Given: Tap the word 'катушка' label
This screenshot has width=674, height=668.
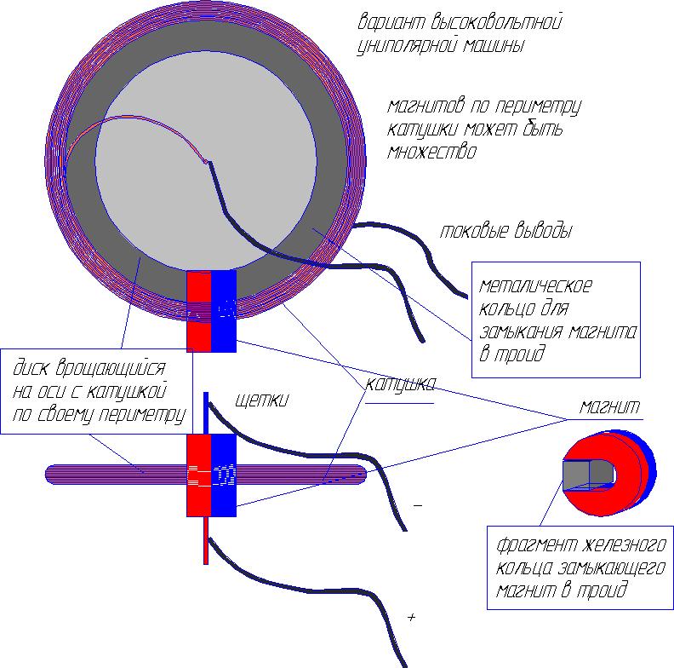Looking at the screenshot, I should [x=401, y=384].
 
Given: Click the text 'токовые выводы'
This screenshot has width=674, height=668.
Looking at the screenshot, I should [x=506, y=231].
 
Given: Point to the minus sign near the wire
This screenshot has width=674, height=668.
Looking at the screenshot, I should [x=418, y=505].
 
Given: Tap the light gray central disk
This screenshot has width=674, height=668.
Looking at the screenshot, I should [x=196, y=170].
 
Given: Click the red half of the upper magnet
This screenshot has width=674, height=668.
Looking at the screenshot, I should [x=198, y=310].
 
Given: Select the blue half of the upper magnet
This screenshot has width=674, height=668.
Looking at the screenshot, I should [x=224, y=310].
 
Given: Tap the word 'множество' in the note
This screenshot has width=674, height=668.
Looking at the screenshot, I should [x=431, y=153].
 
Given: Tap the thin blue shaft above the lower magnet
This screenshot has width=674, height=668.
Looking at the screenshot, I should [x=205, y=412].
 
